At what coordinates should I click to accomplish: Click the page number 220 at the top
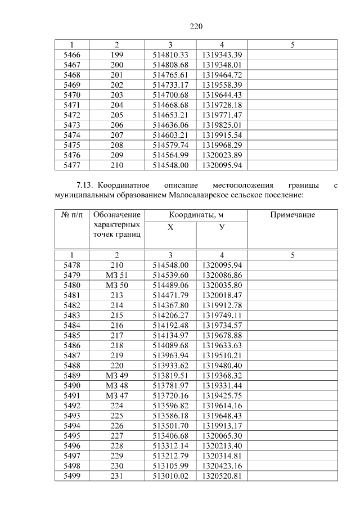tap(195, 26)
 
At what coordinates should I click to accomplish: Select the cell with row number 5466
tap(72, 55)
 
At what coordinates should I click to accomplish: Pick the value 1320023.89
tap(222, 155)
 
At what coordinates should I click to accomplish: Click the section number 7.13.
tap(85, 185)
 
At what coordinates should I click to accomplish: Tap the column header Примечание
tap(292, 215)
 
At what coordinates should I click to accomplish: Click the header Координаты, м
tap(196, 215)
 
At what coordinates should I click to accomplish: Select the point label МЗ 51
tap(116, 275)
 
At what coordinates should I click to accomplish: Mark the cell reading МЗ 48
tap(116, 385)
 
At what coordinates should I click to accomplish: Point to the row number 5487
tap(72, 355)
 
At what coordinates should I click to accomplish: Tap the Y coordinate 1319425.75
tap(222, 395)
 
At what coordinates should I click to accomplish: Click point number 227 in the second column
tap(116, 435)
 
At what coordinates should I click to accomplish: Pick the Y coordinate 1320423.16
tap(222, 466)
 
